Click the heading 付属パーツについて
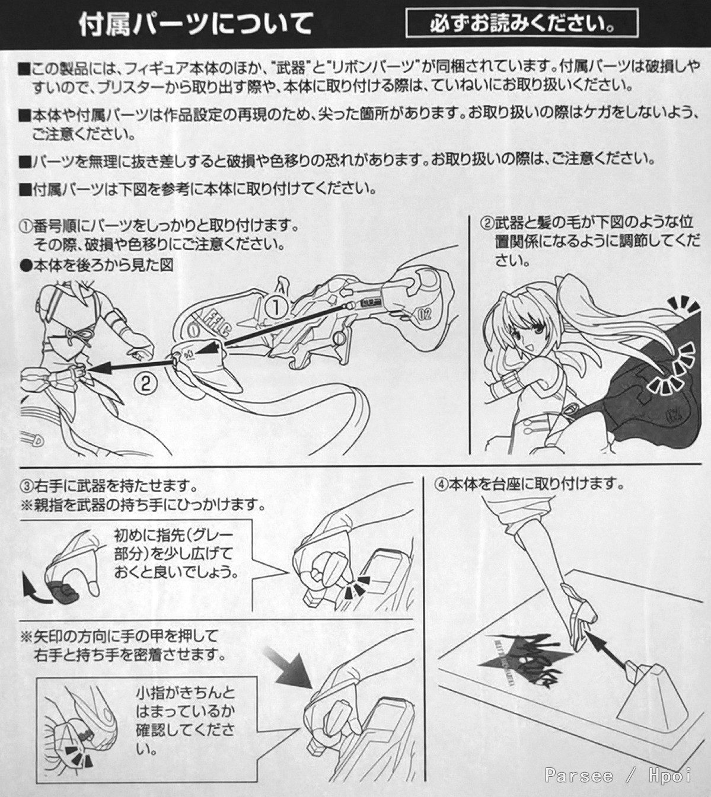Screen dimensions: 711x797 click(196, 24)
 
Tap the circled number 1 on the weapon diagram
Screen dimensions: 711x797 click(276, 307)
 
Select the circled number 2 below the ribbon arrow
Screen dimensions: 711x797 click(146, 383)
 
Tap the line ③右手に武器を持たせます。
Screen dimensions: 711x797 click(109, 486)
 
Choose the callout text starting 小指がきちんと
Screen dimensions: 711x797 click(185, 721)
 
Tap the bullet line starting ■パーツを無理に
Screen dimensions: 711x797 click(337, 160)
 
